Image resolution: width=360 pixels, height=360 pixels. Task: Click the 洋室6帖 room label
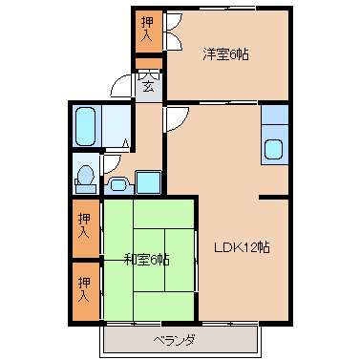click(225, 54)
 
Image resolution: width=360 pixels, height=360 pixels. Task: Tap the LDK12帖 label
click(242, 247)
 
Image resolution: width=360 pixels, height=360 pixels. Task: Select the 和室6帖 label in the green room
click(146, 260)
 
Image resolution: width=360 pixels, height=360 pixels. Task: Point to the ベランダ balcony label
click(174, 341)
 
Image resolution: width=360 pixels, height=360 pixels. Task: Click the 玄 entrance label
click(148, 86)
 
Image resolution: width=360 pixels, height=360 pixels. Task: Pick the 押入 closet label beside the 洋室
click(147, 30)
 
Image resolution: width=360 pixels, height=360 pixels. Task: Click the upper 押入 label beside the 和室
click(84, 225)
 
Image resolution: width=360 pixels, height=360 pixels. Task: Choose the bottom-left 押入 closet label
click(84, 289)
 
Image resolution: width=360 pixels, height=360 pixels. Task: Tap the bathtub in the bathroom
click(86, 126)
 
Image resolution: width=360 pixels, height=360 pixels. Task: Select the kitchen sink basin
click(274, 149)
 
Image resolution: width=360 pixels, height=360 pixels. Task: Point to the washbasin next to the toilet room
click(118, 185)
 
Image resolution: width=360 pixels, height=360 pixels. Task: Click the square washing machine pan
click(148, 181)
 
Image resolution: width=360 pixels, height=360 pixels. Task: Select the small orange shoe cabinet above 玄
click(149, 64)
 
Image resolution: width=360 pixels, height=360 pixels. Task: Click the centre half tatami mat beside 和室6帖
click(149, 260)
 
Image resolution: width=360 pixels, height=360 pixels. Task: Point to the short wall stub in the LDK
click(274, 198)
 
